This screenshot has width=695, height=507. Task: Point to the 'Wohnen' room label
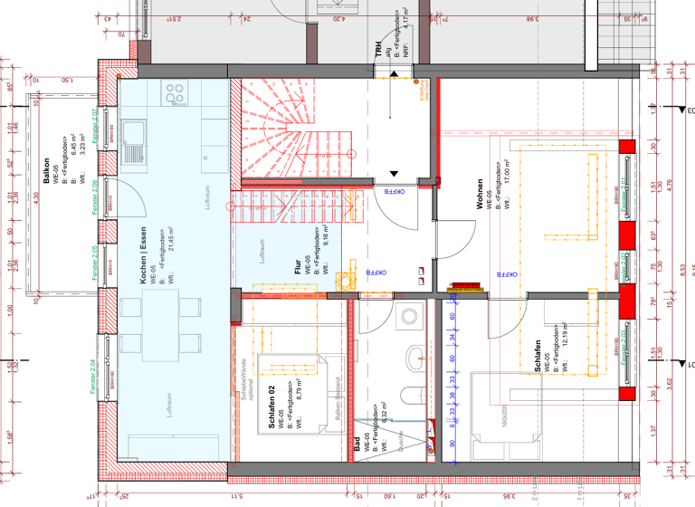click(481, 199)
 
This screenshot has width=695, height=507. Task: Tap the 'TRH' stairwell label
click(379, 53)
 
